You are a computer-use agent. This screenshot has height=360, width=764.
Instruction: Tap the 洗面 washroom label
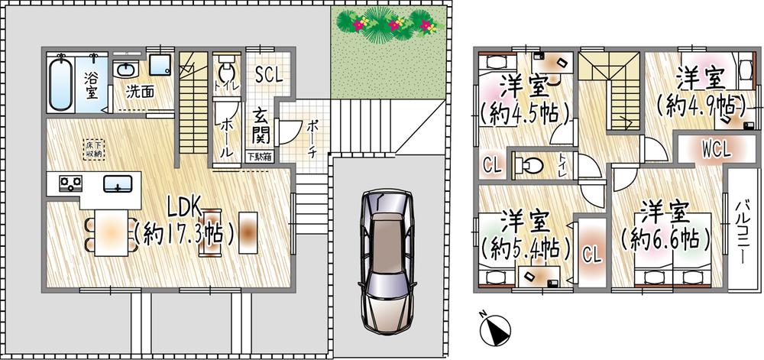point(140,91)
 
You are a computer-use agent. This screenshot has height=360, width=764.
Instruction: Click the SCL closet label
point(268,76)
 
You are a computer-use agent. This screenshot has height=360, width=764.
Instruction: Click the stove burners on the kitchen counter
point(71,183)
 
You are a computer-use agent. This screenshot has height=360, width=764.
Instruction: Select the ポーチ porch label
point(314,139)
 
